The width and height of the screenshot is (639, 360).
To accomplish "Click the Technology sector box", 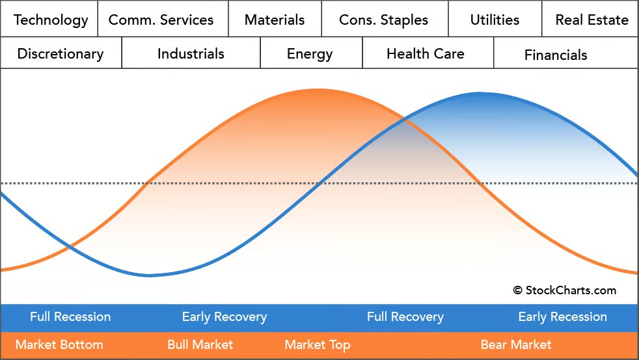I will (x=50, y=20).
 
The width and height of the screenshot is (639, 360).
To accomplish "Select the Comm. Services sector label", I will (x=161, y=20).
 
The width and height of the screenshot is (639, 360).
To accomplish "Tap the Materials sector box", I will (x=275, y=20).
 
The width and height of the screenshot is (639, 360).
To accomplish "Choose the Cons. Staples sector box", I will (x=385, y=20).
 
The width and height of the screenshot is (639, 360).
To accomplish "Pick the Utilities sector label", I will (x=495, y=20).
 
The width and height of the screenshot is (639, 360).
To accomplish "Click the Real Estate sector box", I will (x=591, y=20).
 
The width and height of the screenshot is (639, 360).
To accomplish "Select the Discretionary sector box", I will (x=61, y=53).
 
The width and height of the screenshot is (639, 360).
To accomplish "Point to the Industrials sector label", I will (x=191, y=53).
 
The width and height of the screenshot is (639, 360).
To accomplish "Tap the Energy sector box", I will (x=310, y=53).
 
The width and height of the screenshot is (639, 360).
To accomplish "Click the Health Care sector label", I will (x=426, y=53).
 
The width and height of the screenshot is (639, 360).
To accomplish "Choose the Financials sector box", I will (x=556, y=55).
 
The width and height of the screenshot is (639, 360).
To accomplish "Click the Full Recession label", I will (x=70, y=317).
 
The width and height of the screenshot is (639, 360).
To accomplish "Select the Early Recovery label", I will (x=224, y=317).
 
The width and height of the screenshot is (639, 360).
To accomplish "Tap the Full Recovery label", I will (x=405, y=317).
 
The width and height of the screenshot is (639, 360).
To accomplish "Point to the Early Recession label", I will (x=562, y=317).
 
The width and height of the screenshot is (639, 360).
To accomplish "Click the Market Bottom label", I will (x=59, y=344).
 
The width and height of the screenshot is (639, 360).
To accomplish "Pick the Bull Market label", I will (x=200, y=344).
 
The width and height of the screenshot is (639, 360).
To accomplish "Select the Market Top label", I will (x=318, y=344).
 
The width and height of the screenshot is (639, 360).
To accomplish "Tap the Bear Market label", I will (x=516, y=344).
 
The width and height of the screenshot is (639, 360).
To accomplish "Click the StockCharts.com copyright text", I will (x=564, y=290).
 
